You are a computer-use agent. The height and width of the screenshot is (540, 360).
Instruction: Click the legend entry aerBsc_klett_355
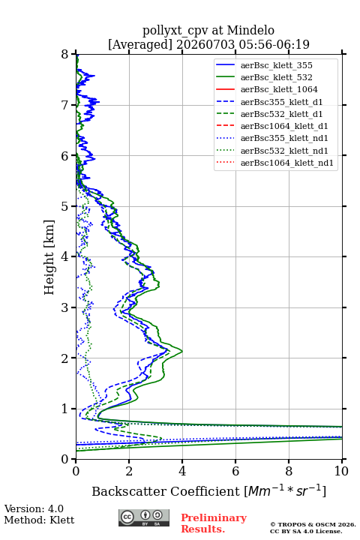(x=276, y=65)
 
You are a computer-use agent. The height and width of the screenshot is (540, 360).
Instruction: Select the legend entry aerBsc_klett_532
(x=276, y=77)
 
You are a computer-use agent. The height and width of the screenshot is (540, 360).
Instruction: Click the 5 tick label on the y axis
(x=65, y=206)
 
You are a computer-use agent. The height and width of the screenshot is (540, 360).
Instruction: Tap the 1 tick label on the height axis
(x=65, y=409)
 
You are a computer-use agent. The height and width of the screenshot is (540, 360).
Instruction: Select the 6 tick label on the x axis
(x=235, y=471)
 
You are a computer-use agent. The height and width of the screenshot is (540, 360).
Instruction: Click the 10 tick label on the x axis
(x=341, y=471)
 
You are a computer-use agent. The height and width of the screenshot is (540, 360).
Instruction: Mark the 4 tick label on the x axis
(x=182, y=471)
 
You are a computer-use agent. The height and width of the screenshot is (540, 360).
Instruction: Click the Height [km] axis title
(x=49, y=257)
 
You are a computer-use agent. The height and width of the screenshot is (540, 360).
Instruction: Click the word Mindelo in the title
(x=250, y=30)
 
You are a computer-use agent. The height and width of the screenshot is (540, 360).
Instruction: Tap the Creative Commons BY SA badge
(x=144, y=517)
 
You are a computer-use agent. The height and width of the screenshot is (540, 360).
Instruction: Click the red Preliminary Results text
(x=214, y=523)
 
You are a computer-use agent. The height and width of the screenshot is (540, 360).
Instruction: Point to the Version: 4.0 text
(x=34, y=508)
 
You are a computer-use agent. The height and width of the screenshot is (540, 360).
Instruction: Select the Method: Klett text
(x=39, y=520)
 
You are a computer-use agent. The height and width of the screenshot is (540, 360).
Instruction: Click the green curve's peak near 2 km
(x=182, y=351)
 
